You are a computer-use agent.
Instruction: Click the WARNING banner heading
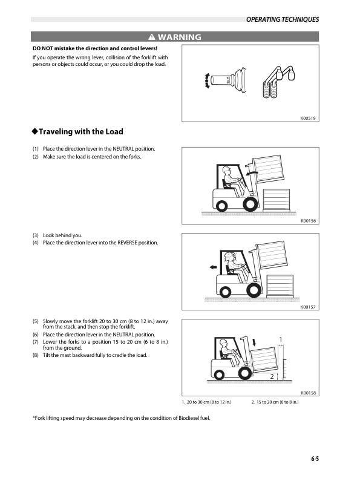175,38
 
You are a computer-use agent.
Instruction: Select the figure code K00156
309,221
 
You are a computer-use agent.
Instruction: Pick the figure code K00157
309,307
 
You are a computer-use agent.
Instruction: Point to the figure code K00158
309,393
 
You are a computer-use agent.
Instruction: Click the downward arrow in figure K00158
255,342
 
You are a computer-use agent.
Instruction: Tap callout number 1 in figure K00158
281,338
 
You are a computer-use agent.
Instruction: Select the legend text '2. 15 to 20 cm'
275,402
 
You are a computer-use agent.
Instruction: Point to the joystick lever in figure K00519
232,80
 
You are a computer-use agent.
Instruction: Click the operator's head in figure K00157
229,255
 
